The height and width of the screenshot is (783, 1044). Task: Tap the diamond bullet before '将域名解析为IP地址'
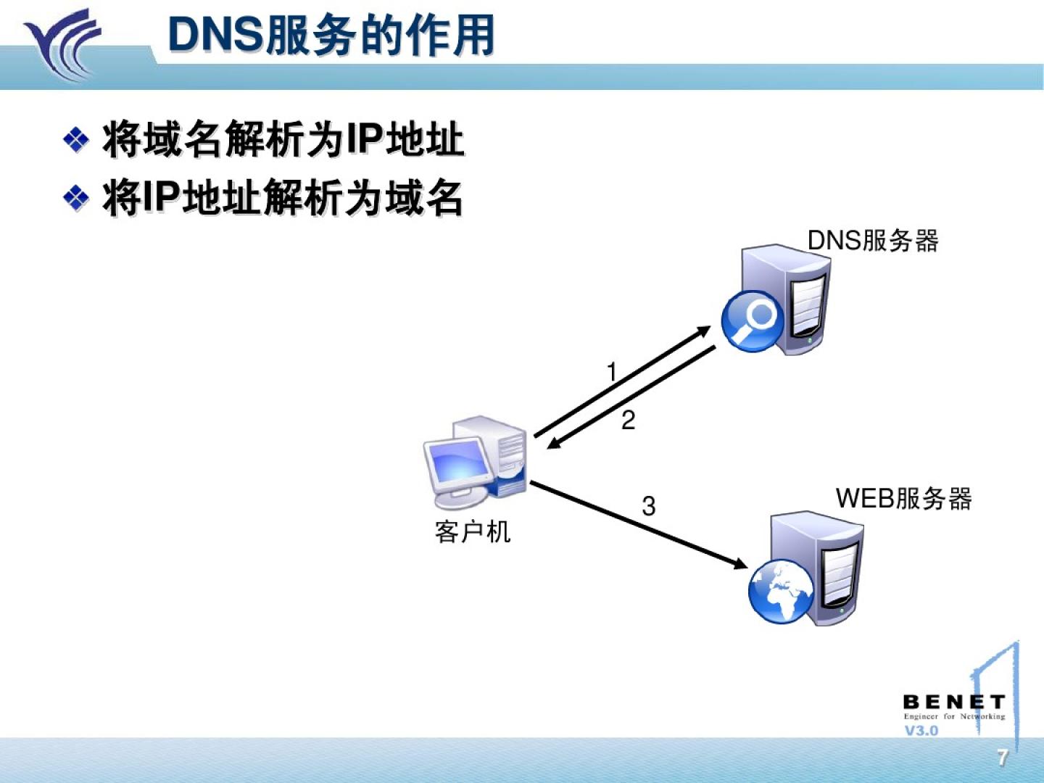(x=76, y=139)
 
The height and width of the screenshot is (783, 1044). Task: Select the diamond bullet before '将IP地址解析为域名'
(x=76, y=197)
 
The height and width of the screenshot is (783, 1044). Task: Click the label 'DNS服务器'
(x=873, y=241)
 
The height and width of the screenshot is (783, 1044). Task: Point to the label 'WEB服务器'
(x=903, y=499)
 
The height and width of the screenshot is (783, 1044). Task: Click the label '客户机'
(x=473, y=532)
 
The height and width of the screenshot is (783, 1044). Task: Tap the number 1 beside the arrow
(x=612, y=373)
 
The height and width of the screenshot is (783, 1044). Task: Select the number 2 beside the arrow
(x=629, y=420)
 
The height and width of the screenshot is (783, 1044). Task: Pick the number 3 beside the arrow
(x=649, y=506)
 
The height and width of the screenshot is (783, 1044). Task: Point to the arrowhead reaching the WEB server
(x=739, y=563)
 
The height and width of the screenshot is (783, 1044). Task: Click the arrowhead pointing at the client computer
(x=554, y=443)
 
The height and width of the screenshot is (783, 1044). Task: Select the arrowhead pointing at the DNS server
(x=703, y=331)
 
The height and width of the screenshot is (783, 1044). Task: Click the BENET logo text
(x=953, y=702)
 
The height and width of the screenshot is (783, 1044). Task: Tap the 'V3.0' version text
(x=921, y=731)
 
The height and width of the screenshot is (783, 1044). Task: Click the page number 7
(x=1003, y=758)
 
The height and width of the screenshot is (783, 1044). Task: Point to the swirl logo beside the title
(x=62, y=43)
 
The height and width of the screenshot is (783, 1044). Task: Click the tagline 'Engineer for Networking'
(x=954, y=716)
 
